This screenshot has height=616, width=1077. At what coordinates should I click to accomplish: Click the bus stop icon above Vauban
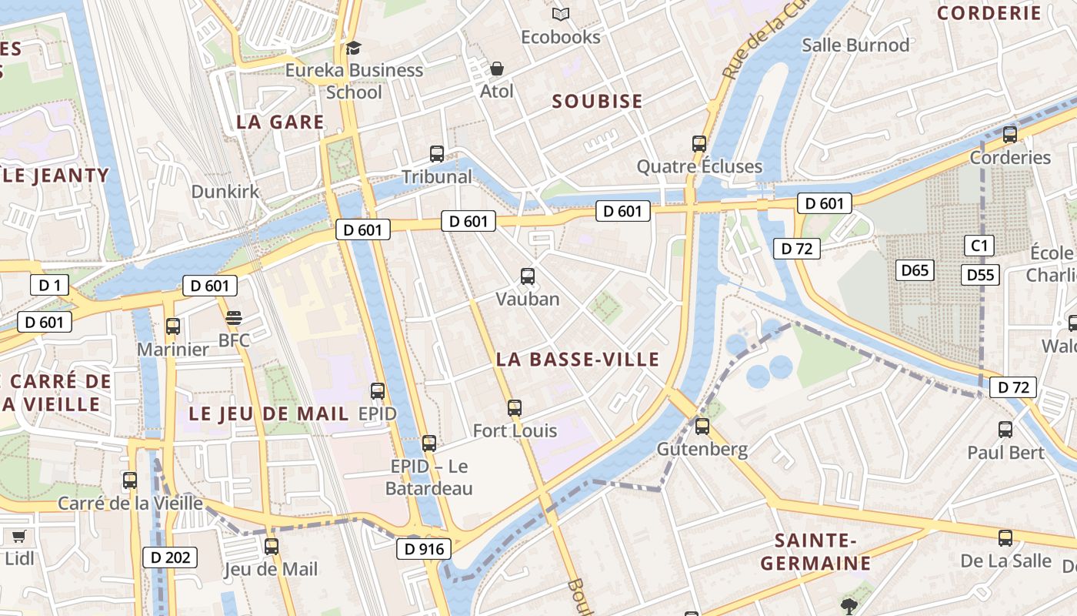click(528, 276)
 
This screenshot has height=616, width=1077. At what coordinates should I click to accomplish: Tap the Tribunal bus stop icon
click(437, 154)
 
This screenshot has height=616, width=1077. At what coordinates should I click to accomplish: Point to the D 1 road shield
click(50, 286)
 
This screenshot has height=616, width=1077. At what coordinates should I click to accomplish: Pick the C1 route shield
click(979, 246)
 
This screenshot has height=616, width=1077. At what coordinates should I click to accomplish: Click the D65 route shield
click(915, 270)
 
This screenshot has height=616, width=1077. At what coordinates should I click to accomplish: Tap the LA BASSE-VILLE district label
click(578, 360)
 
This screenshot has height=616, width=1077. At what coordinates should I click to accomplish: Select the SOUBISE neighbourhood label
click(598, 102)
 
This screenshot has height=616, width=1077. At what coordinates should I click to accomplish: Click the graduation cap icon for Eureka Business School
click(353, 48)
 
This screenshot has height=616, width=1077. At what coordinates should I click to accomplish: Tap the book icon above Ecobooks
click(561, 14)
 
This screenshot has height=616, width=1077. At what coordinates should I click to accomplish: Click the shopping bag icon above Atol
click(497, 69)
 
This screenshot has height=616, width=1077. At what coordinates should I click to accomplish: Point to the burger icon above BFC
click(234, 318)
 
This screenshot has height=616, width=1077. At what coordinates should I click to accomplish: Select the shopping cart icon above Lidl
click(18, 536)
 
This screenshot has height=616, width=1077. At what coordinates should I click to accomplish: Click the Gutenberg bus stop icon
click(702, 426)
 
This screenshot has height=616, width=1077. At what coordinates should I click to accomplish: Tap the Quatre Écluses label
click(699, 166)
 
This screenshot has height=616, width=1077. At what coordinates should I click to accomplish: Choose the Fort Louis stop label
click(515, 430)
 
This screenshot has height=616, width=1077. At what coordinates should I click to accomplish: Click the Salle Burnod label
click(855, 45)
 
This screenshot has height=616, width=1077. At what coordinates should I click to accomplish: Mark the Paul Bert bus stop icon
click(1005, 430)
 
